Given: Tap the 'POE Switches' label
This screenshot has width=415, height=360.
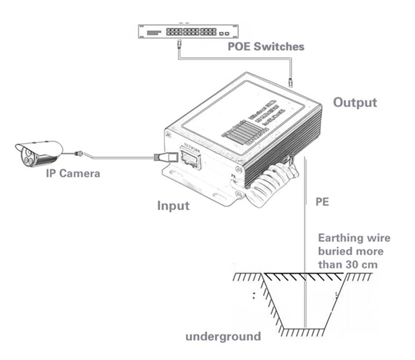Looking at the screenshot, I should coord(265,46).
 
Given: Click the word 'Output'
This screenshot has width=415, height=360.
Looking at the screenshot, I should coord(355,103).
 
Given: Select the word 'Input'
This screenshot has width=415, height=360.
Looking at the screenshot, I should coord(173,206).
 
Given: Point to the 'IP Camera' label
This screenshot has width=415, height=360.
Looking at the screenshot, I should coord(73,174).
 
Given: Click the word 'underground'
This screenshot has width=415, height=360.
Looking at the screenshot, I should coord(223,337).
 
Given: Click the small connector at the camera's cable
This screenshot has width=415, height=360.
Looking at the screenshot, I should coord(78,154).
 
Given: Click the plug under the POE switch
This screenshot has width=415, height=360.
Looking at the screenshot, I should coord(178,44).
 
